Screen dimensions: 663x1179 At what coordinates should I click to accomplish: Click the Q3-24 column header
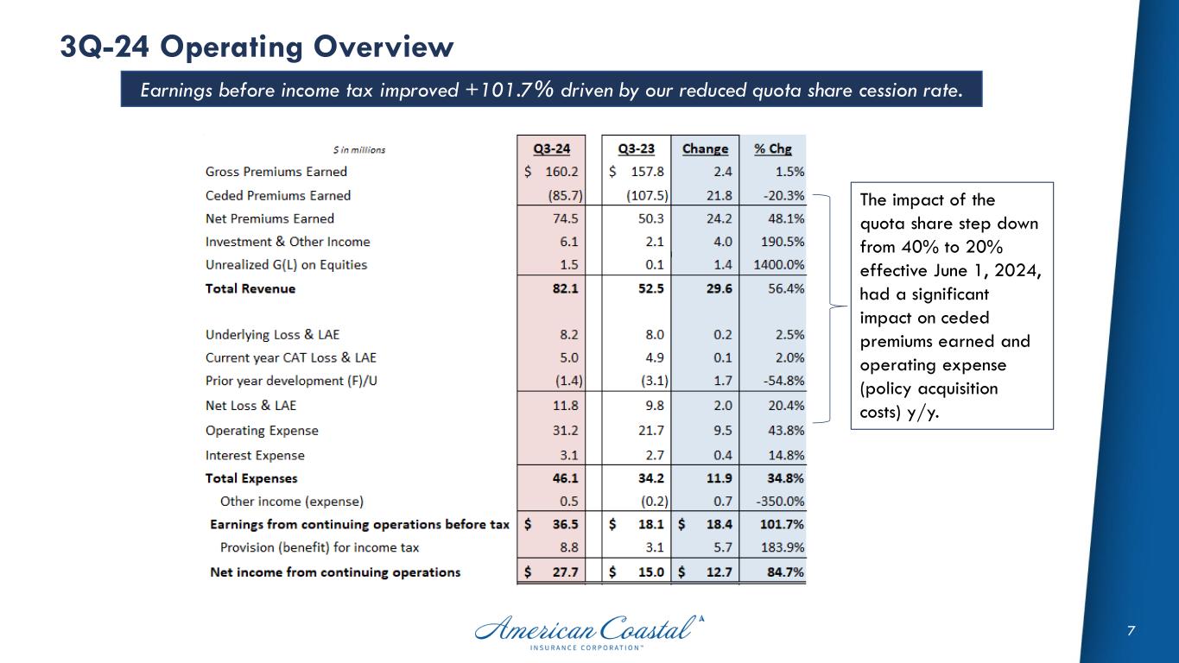(551, 148)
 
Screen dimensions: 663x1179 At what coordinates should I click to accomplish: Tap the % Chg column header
(772, 148)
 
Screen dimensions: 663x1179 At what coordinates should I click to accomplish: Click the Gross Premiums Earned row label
(276, 172)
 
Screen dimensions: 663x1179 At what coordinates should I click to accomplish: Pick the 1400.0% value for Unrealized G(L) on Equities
(777, 265)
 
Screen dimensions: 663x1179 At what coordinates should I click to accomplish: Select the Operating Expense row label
(262, 431)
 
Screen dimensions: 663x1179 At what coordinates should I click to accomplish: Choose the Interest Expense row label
(255, 455)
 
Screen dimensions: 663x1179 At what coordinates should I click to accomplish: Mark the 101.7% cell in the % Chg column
(783, 524)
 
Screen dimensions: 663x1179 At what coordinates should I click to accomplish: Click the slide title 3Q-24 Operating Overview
(257, 47)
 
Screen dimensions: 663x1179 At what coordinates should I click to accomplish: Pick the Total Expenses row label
(251, 478)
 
